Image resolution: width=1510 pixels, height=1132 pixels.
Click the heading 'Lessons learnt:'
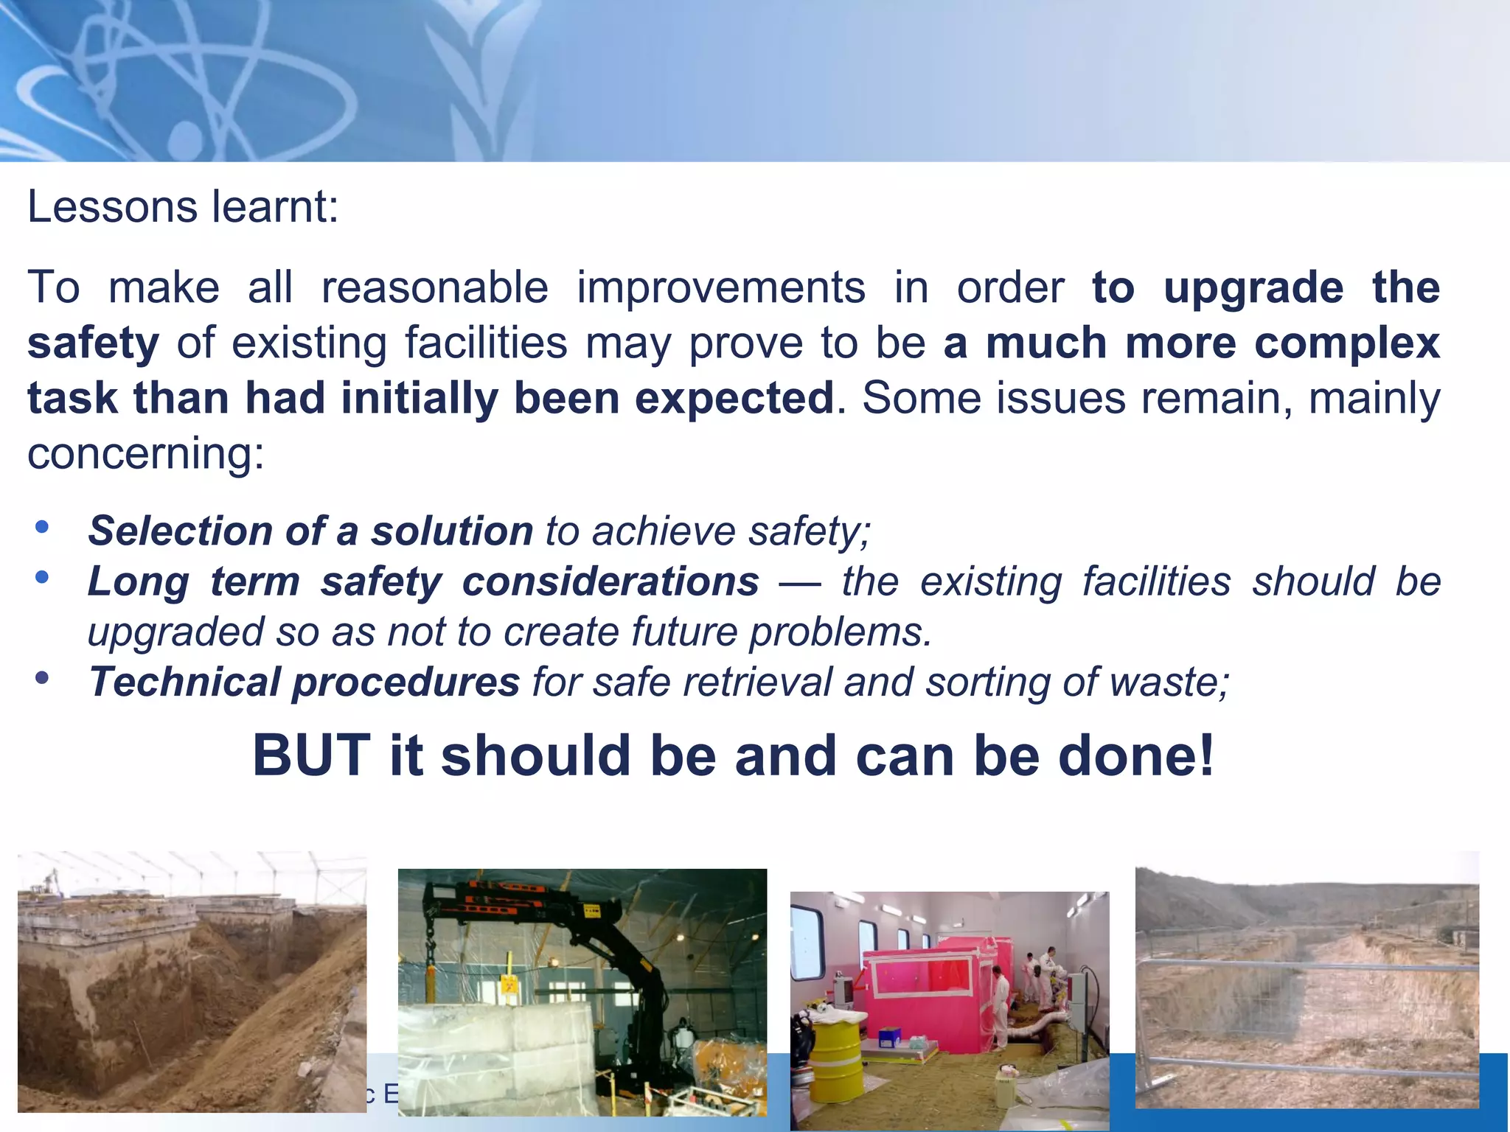[x=183, y=207]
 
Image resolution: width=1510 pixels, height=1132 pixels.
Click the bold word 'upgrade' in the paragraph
[x=1253, y=287]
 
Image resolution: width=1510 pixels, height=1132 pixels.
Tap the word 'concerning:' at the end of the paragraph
[x=145, y=453]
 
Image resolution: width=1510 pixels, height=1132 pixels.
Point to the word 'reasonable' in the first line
[x=434, y=287]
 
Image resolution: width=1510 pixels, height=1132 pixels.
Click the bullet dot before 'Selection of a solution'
[x=42, y=526]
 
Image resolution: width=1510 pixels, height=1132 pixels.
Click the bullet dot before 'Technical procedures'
[x=42, y=677]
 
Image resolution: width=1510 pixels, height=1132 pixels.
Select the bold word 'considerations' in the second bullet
[x=610, y=581]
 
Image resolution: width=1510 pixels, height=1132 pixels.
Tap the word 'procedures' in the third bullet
[x=406, y=682]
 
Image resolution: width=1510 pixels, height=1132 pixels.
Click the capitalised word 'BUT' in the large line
[x=310, y=756]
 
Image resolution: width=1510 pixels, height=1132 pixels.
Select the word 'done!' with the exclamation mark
[x=1136, y=756]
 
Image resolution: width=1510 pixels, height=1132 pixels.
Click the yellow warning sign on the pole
[x=508, y=985]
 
